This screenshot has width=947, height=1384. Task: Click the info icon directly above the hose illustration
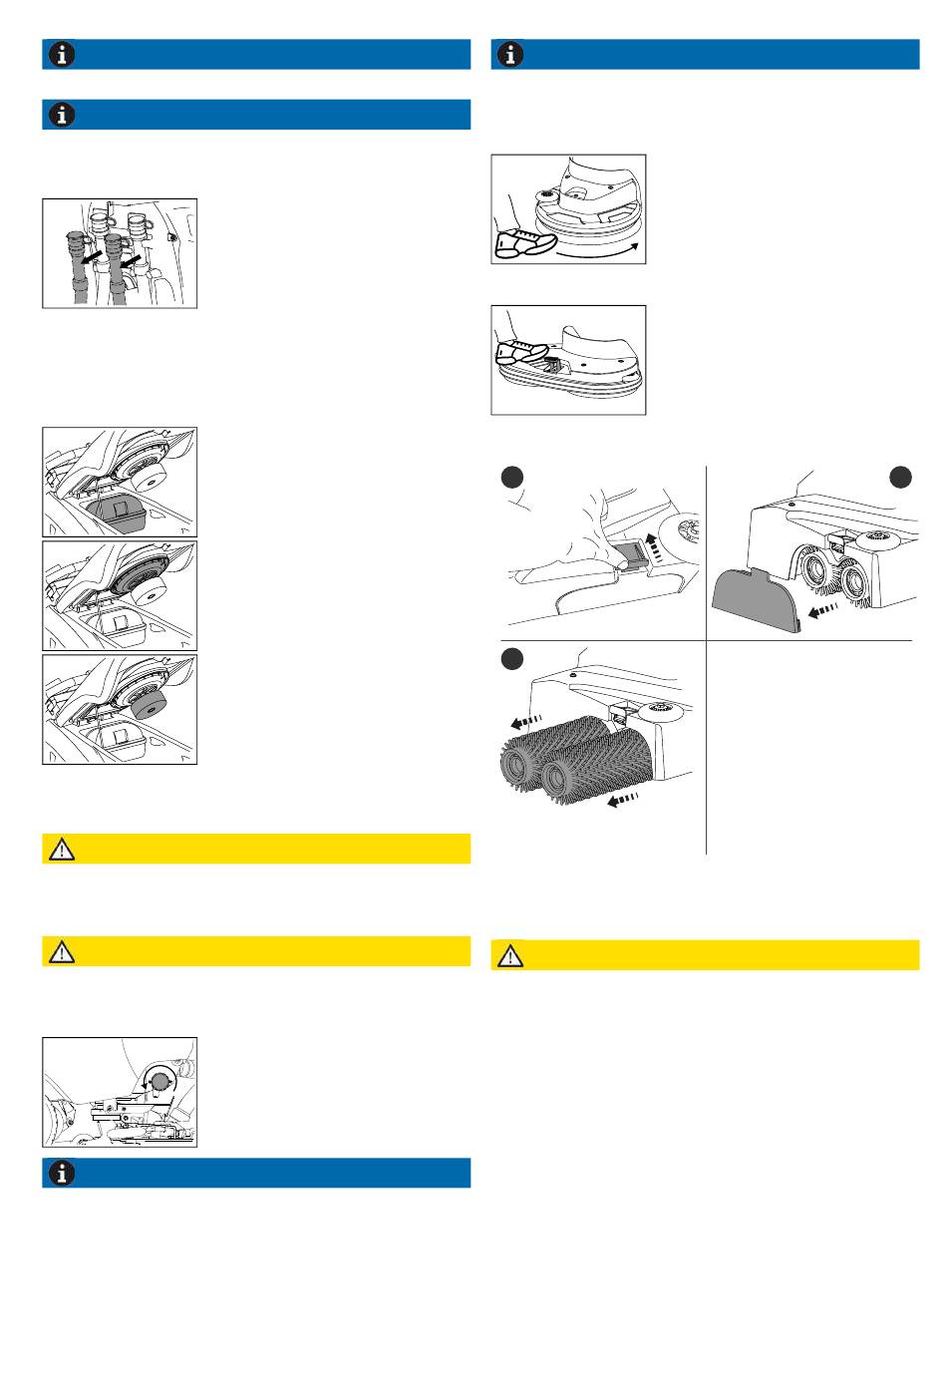coord(63,115)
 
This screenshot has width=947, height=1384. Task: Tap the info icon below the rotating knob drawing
coord(63,1173)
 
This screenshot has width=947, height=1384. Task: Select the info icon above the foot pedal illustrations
coord(510,55)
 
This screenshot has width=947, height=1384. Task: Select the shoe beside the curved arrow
coord(525,241)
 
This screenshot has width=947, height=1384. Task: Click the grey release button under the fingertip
coord(626,552)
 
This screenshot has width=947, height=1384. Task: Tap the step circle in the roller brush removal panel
coord(512,658)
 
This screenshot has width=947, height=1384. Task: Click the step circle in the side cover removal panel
coord(900,478)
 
